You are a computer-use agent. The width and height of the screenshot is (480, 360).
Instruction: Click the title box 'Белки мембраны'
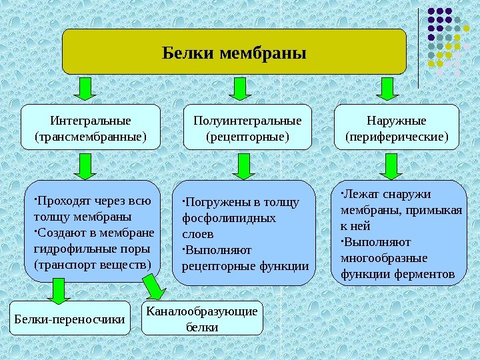234,51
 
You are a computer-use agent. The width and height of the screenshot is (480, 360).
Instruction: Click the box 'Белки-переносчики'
71,319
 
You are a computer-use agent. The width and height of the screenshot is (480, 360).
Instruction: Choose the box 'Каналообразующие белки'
203,319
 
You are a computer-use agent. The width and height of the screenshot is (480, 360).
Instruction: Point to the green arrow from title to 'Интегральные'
85,89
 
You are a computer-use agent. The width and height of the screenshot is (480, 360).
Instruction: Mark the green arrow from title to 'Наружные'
387,89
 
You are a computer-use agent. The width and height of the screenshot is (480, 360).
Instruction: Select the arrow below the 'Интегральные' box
85,166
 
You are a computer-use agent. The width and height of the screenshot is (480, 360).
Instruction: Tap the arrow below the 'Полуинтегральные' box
245,166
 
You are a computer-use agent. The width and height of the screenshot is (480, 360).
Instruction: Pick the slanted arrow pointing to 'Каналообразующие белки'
155,287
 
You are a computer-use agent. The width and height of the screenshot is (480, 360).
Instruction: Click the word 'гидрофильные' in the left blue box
67,249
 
